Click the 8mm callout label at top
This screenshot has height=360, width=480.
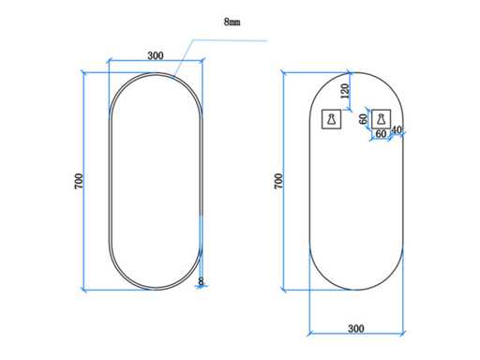232,22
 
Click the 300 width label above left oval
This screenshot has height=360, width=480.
156,55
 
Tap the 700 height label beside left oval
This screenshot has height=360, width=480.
79,181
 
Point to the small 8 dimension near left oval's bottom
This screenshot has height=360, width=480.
201,281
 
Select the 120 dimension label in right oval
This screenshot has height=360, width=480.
345,91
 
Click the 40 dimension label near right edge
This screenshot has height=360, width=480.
397,129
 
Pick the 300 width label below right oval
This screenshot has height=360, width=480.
356,328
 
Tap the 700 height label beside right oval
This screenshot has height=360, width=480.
278,181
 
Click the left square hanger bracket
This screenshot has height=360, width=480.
331,119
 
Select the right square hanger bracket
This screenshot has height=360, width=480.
381,119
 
